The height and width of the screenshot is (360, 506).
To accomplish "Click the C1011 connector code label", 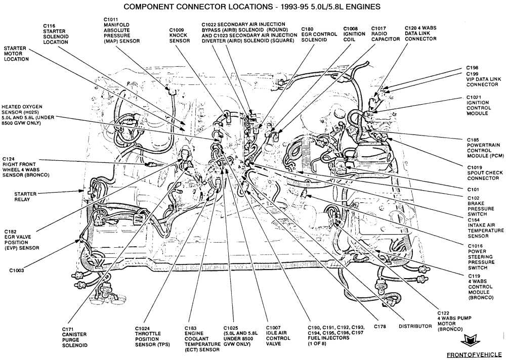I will pyautogui.click(x=110, y=19).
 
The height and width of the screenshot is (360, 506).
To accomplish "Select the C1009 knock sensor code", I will pyautogui.click(x=178, y=30).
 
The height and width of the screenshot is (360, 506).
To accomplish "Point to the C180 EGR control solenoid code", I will pyautogui.click(x=308, y=29).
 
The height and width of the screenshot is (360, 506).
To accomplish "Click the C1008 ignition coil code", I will pyautogui.click(x=352, y=29).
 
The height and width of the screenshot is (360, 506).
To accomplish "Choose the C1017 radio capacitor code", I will pyautogui.click(x=379, y=28).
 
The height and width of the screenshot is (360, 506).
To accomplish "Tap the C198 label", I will pyautogui.click(x=472, y=68).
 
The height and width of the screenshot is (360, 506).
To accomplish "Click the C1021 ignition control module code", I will pyautogui.click(x=474, y=97).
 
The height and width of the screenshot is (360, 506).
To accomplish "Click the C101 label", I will pyautogui.click(x=473, y=190).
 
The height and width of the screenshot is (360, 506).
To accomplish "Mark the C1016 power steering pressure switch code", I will pyautogui.click(x=475, y=245).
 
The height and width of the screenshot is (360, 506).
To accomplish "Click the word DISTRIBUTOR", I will pyautogui.click(x=414, y=326).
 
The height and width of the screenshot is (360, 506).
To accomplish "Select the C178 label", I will pyautogui.click(x=381, y=326).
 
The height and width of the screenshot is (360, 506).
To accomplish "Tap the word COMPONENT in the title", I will pyautogui.click(x=147, y=7).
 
